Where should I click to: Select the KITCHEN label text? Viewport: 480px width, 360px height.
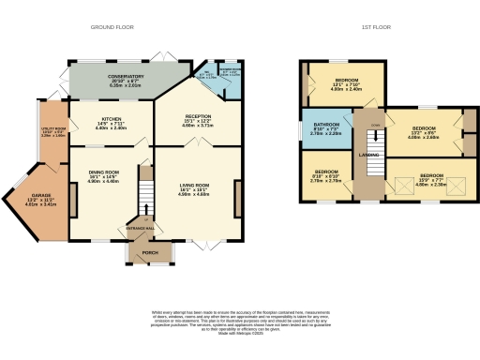[112, 120]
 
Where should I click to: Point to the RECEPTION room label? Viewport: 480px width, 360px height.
[199, 115]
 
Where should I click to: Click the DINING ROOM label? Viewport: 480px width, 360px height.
[104, 172]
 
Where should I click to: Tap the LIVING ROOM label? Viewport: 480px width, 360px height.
[195, 186]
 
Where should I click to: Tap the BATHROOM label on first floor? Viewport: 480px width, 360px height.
[325, 125]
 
